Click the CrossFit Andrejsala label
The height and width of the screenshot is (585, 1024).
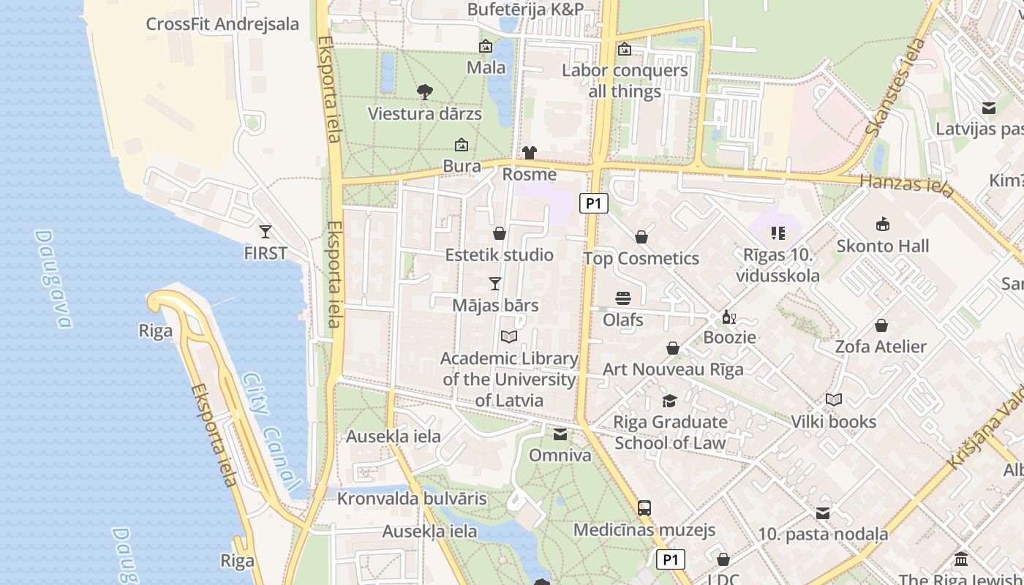tap(222, 24)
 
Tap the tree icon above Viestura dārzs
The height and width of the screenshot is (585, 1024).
tap(424, 91)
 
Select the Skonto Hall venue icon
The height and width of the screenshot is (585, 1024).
tap(883, 224)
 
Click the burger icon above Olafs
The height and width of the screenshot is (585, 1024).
tap(623, 298)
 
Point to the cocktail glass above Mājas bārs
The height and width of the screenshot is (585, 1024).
tap(495, 284)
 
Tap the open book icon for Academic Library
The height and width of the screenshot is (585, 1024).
tap(509, 336)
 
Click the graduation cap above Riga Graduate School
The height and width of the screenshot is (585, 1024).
tap(669, 400)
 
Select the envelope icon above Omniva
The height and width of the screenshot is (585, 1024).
tap(560, 434)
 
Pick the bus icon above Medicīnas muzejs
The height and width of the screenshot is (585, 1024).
tap(644, 507)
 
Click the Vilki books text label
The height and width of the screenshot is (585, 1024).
tap(833, 422)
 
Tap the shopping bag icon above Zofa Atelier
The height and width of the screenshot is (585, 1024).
tap(881, 325)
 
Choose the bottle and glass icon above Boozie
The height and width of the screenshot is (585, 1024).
tap(729, 317)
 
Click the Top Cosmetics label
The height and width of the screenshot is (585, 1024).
tap(641, 259)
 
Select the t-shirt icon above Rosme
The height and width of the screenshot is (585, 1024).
tap(530, 153)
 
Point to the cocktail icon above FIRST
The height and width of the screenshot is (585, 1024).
tap(266, 232)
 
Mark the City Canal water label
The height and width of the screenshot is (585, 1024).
tap(271, 431)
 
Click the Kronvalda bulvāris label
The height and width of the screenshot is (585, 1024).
tap(412, 499)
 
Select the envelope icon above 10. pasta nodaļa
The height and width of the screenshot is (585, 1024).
tap(823, 513)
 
